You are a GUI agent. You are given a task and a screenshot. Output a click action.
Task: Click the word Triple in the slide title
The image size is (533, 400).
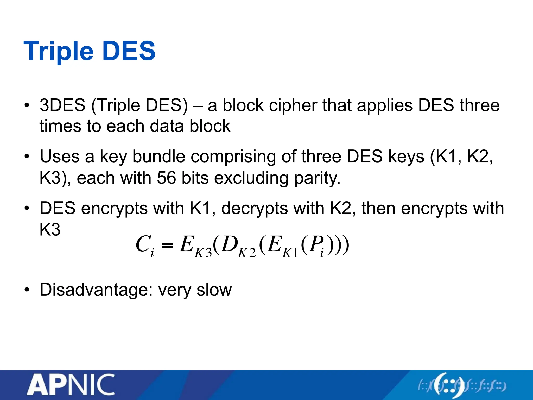click(58, 51)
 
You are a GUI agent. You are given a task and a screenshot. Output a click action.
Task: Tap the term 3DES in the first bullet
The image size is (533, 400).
click(62, 105)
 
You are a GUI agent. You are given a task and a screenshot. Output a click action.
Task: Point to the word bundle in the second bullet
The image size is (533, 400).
click(159, 157)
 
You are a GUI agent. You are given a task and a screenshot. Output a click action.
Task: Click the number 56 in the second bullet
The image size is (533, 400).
click(166, 178)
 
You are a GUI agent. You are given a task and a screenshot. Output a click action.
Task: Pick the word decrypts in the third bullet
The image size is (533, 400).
click(254, 209)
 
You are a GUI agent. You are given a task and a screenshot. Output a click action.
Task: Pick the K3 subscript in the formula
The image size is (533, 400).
click(203, 253)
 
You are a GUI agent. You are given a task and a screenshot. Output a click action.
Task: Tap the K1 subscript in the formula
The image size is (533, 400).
click(290, 253)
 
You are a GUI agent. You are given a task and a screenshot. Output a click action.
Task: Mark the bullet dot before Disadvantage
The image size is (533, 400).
click(27, 290)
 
